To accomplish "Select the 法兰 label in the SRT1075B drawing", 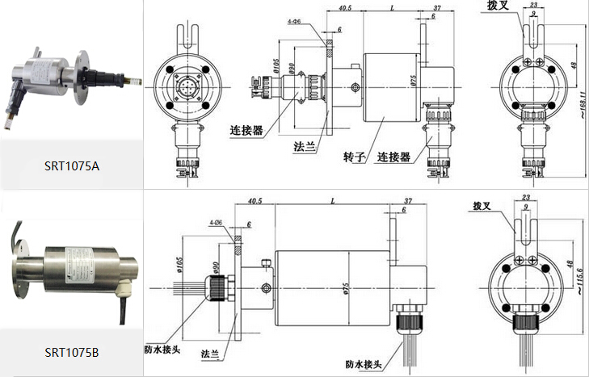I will point(210,354).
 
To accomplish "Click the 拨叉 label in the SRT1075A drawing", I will point(498,6).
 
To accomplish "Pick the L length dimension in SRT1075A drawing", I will point(392,9).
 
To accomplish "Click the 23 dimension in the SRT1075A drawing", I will point(533,6).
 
